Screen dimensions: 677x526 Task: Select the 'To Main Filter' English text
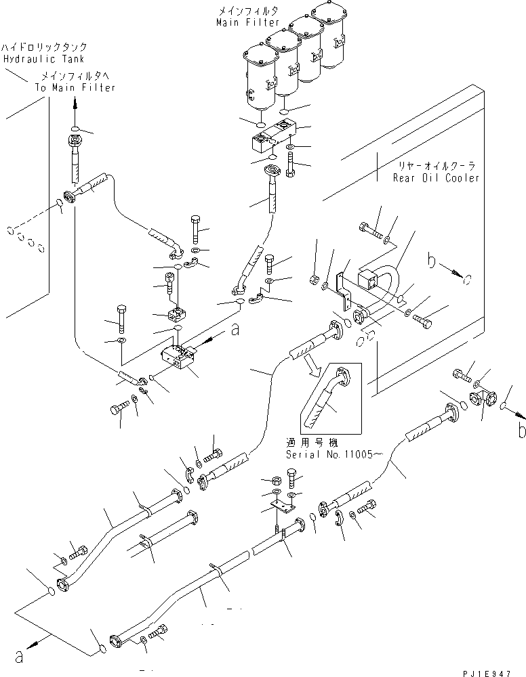coord(75,87)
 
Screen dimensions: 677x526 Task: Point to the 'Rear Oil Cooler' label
coord(436,177)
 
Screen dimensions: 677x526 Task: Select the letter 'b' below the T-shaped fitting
coord(521,430)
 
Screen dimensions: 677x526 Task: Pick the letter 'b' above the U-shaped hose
coord(432,259)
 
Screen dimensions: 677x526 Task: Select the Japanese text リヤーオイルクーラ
coord(436,165)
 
